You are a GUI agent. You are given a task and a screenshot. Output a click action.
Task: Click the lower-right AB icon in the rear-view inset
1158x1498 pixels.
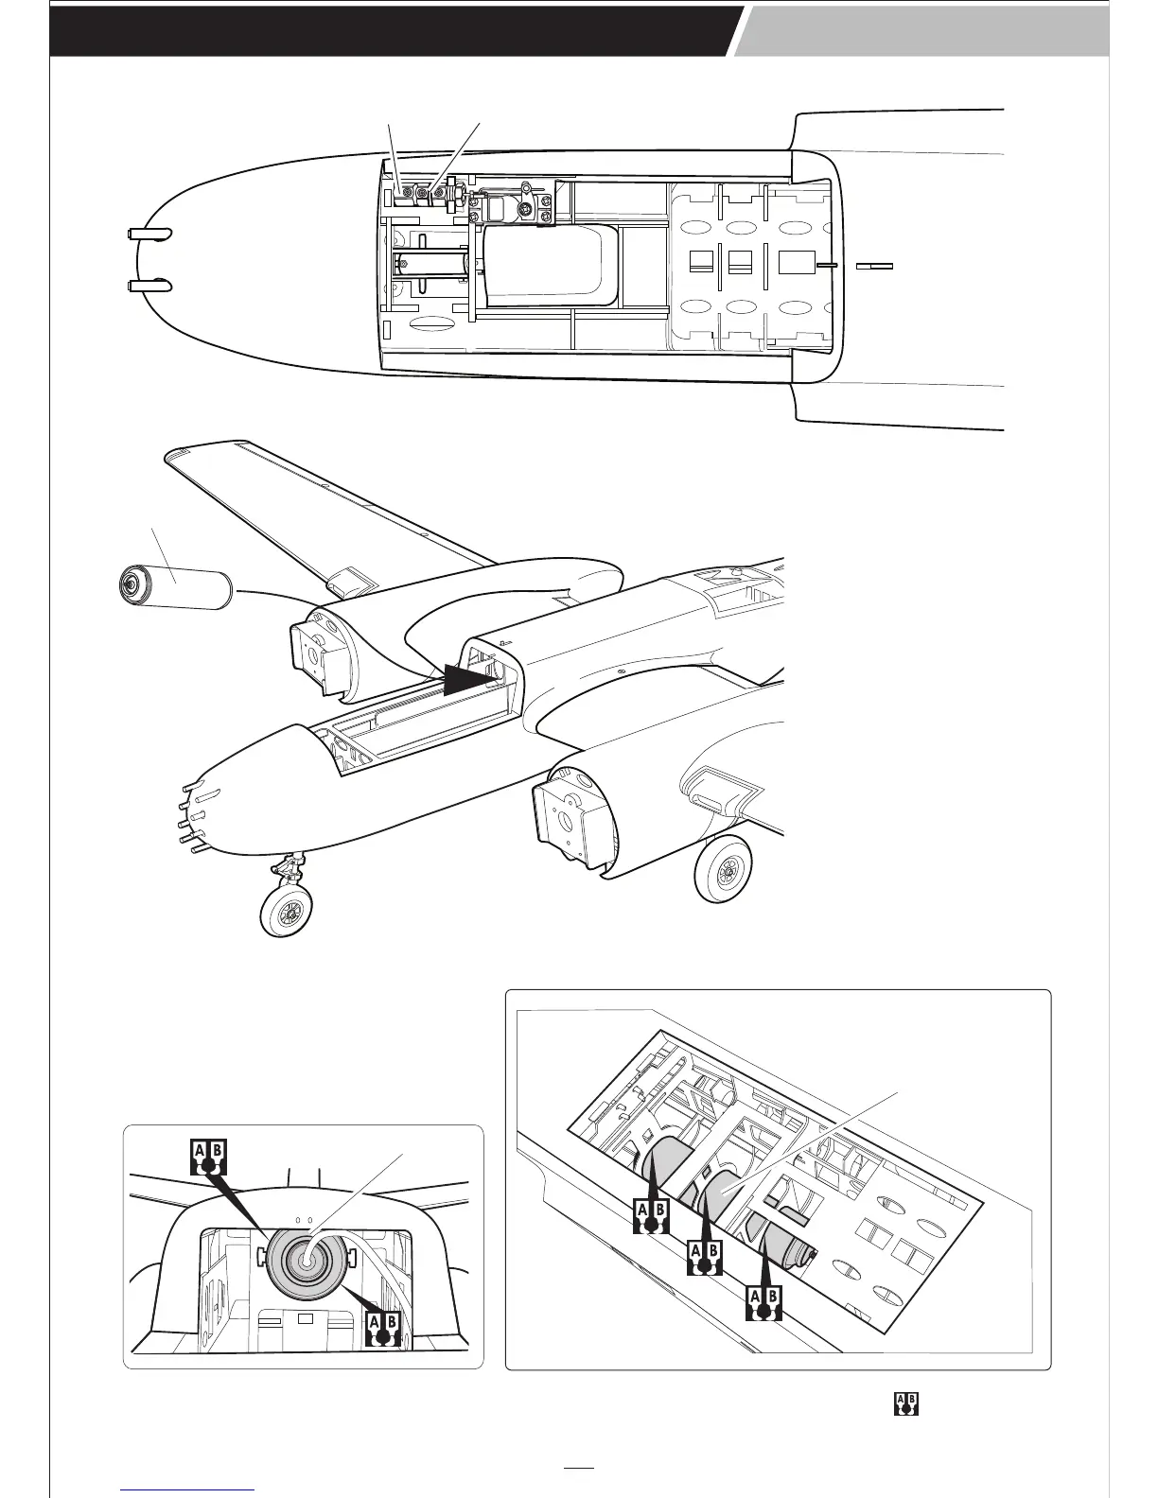tap(382, 1328)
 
